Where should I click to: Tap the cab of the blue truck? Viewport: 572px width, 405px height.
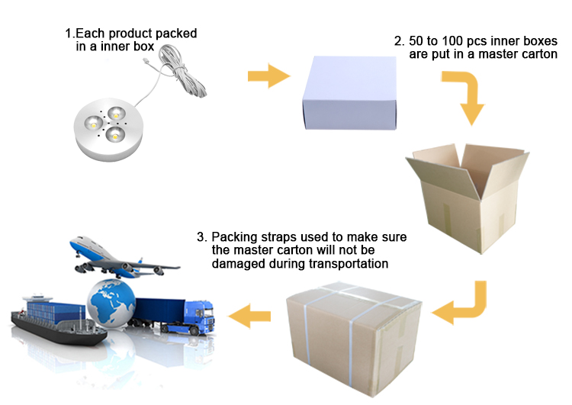click(x=200, y=316)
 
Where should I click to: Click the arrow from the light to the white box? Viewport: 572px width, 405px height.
click(x=268, y=76)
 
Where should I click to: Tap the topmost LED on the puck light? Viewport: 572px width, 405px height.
click(x=116, y=114)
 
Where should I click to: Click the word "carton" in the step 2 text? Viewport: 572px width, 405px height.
click(x=538, y=55)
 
